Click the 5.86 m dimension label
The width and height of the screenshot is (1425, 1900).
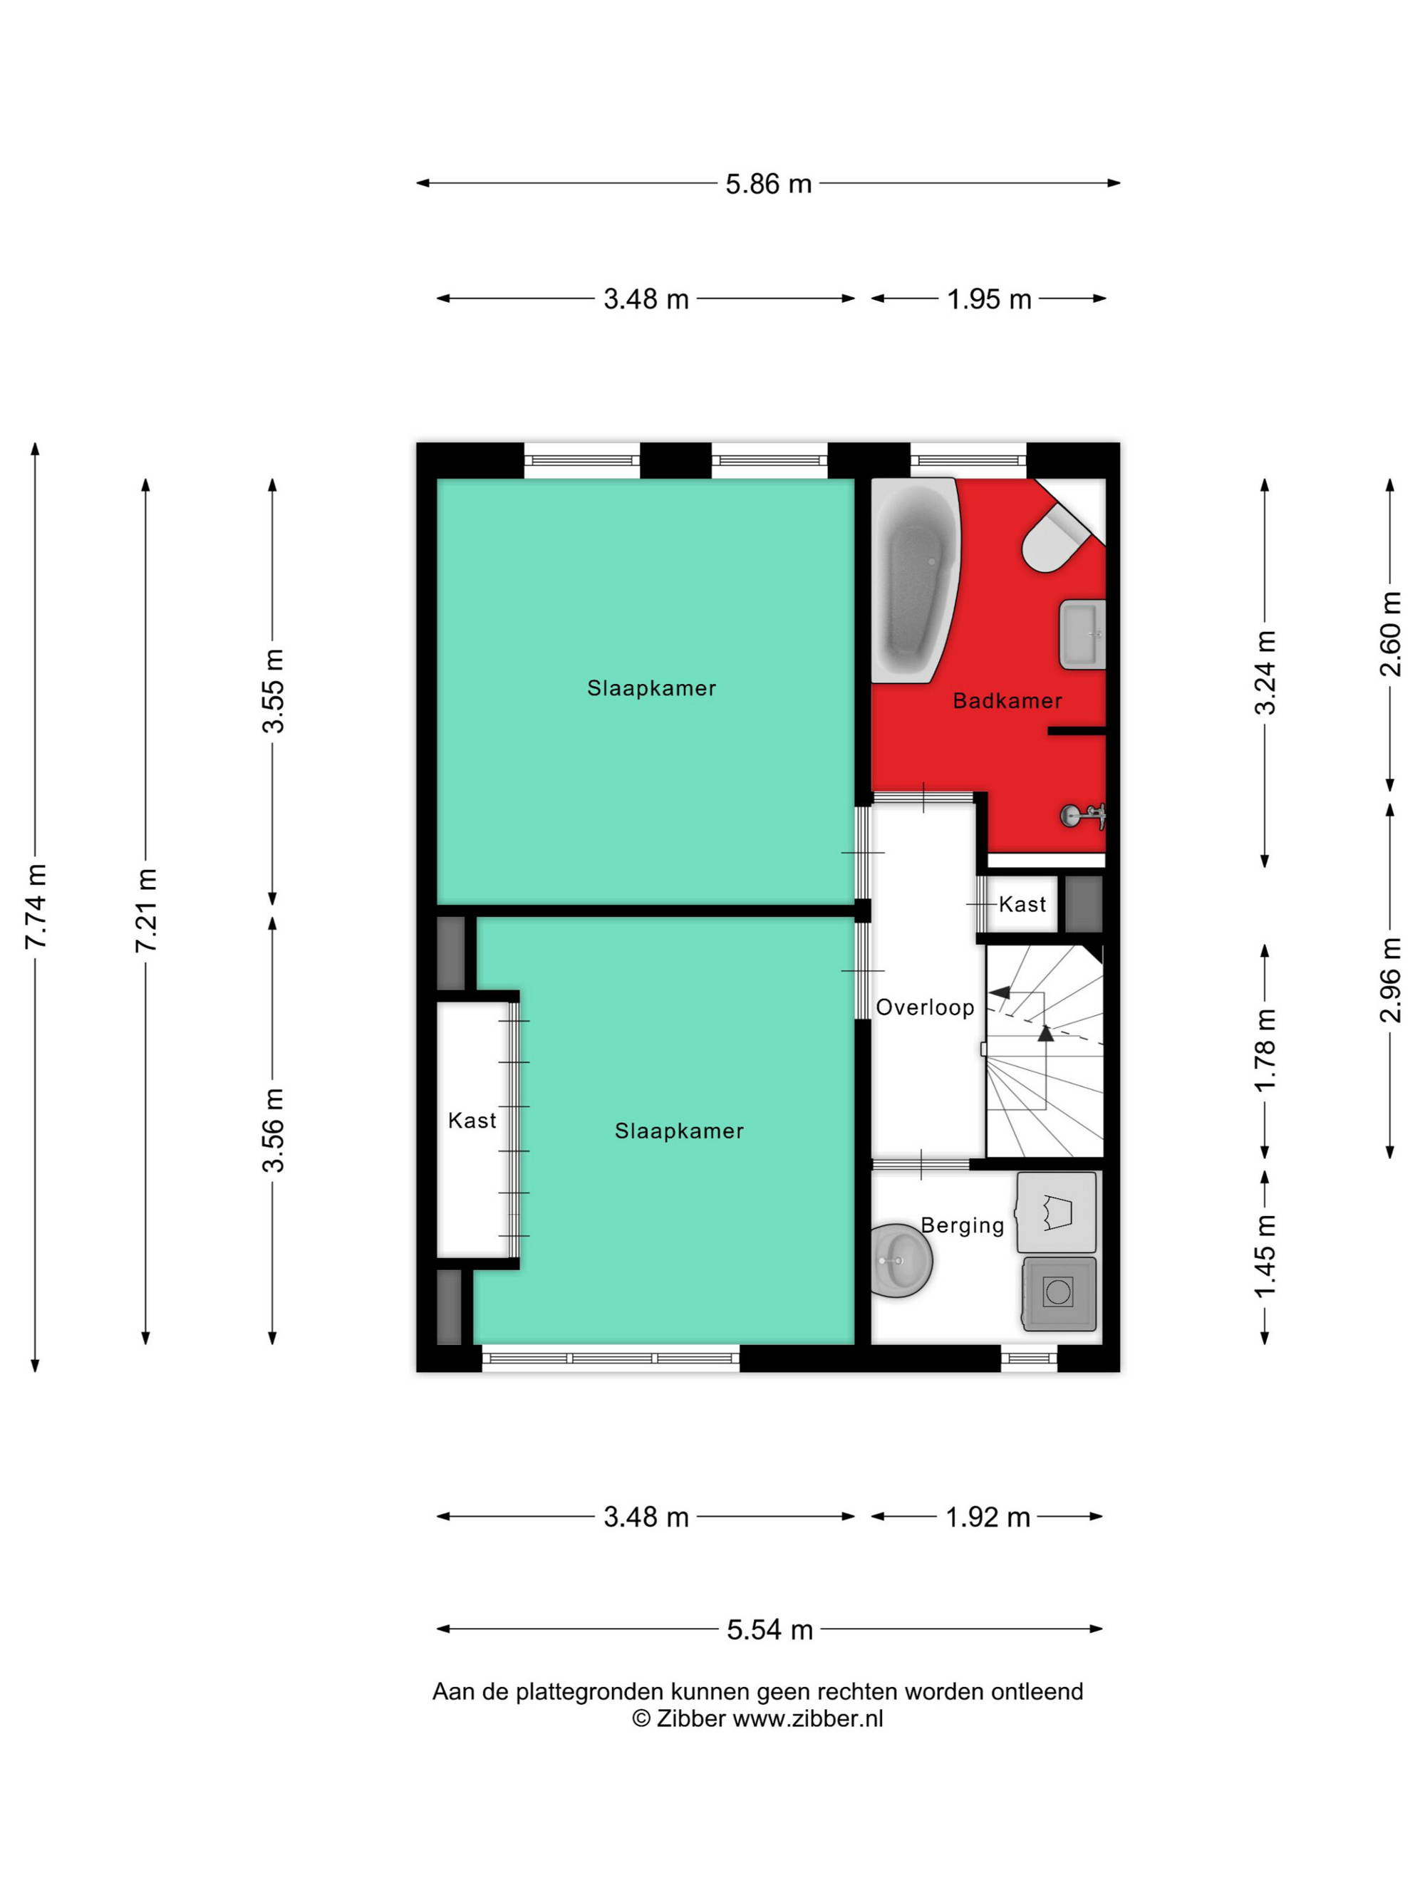point(768,184)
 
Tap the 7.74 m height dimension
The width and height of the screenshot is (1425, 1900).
point(36,907)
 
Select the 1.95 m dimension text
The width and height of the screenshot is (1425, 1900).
point(989,299)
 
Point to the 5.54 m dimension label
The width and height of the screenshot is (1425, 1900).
point(769,1629)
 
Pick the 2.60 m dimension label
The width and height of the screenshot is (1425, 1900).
point(1391,633)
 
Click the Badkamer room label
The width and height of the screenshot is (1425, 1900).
point(1007,701)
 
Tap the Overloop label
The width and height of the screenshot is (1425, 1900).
point(925,1007)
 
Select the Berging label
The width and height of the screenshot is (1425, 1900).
point(962,1226)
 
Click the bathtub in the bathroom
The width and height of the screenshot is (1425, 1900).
point(916,580)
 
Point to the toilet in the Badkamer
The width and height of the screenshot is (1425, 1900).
point(1056,539)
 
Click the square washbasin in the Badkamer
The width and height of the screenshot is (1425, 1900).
point(1082,634)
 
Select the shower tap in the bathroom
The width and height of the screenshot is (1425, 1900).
point(1083,815)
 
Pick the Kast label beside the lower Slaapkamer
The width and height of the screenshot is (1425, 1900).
point(472,1120)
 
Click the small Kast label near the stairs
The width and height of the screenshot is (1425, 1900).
point(1022,903)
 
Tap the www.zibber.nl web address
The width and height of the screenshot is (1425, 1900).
point(807,1719)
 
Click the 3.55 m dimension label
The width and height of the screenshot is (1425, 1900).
point(273,692)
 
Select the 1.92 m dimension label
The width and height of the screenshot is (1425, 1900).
point(988,1517)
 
